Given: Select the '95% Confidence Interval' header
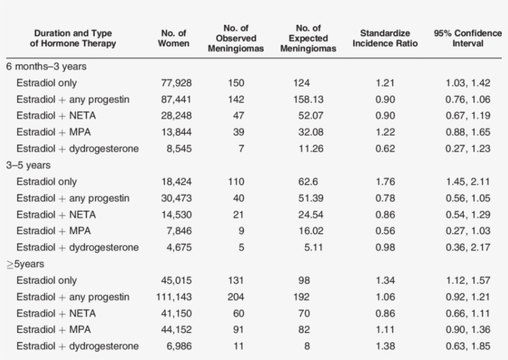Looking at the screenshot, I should (x=468, y=38).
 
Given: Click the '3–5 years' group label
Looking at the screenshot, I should (x=28, y=165).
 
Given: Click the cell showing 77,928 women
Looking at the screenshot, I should (x=175, y=83).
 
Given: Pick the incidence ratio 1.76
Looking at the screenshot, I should (x=385, y=182).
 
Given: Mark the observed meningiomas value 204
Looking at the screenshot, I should (x=235, y=297).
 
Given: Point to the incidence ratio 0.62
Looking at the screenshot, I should (x=385, y=149).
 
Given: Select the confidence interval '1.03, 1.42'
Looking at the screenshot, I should (x=468, y=83).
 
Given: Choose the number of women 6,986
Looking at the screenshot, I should (x=177, y=346).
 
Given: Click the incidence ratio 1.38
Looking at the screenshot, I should (x=385, y=346).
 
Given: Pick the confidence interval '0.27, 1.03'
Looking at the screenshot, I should (x=468, y=231).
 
